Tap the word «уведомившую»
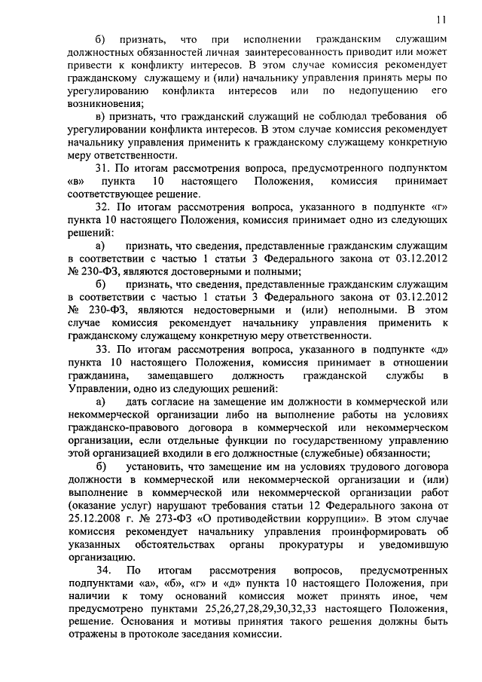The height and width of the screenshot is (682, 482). [411, 544]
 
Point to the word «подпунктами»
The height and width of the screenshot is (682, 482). [103, 584]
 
